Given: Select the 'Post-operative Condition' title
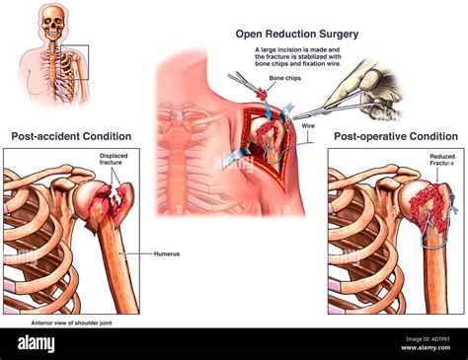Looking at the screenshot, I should tap(395, 136).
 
